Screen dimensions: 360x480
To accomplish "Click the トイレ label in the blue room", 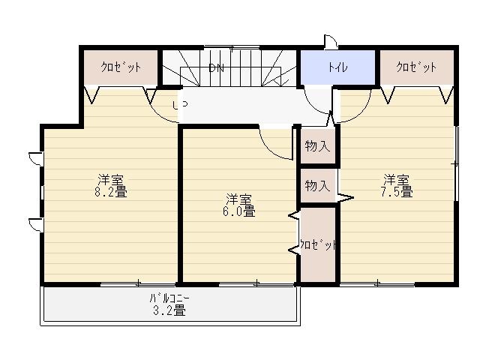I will (337, 67).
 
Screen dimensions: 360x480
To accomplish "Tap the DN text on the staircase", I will (217, 68).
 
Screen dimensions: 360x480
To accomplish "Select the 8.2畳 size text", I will (110, 192).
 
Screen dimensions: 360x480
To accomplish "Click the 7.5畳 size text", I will (397, 192).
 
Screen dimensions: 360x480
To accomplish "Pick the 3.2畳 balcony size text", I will (169, 311).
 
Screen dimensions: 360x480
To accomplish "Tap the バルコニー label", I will (169, 299).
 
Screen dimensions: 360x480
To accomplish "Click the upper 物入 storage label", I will (317, 146).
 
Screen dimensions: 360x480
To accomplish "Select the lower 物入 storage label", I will (317, 185).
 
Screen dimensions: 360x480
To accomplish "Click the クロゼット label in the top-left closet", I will (121, 67).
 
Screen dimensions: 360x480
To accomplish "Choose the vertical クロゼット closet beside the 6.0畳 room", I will (317, 245).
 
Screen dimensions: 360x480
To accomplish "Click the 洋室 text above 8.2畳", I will (110, 180).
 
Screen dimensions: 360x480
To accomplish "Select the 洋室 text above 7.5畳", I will (397, 180).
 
